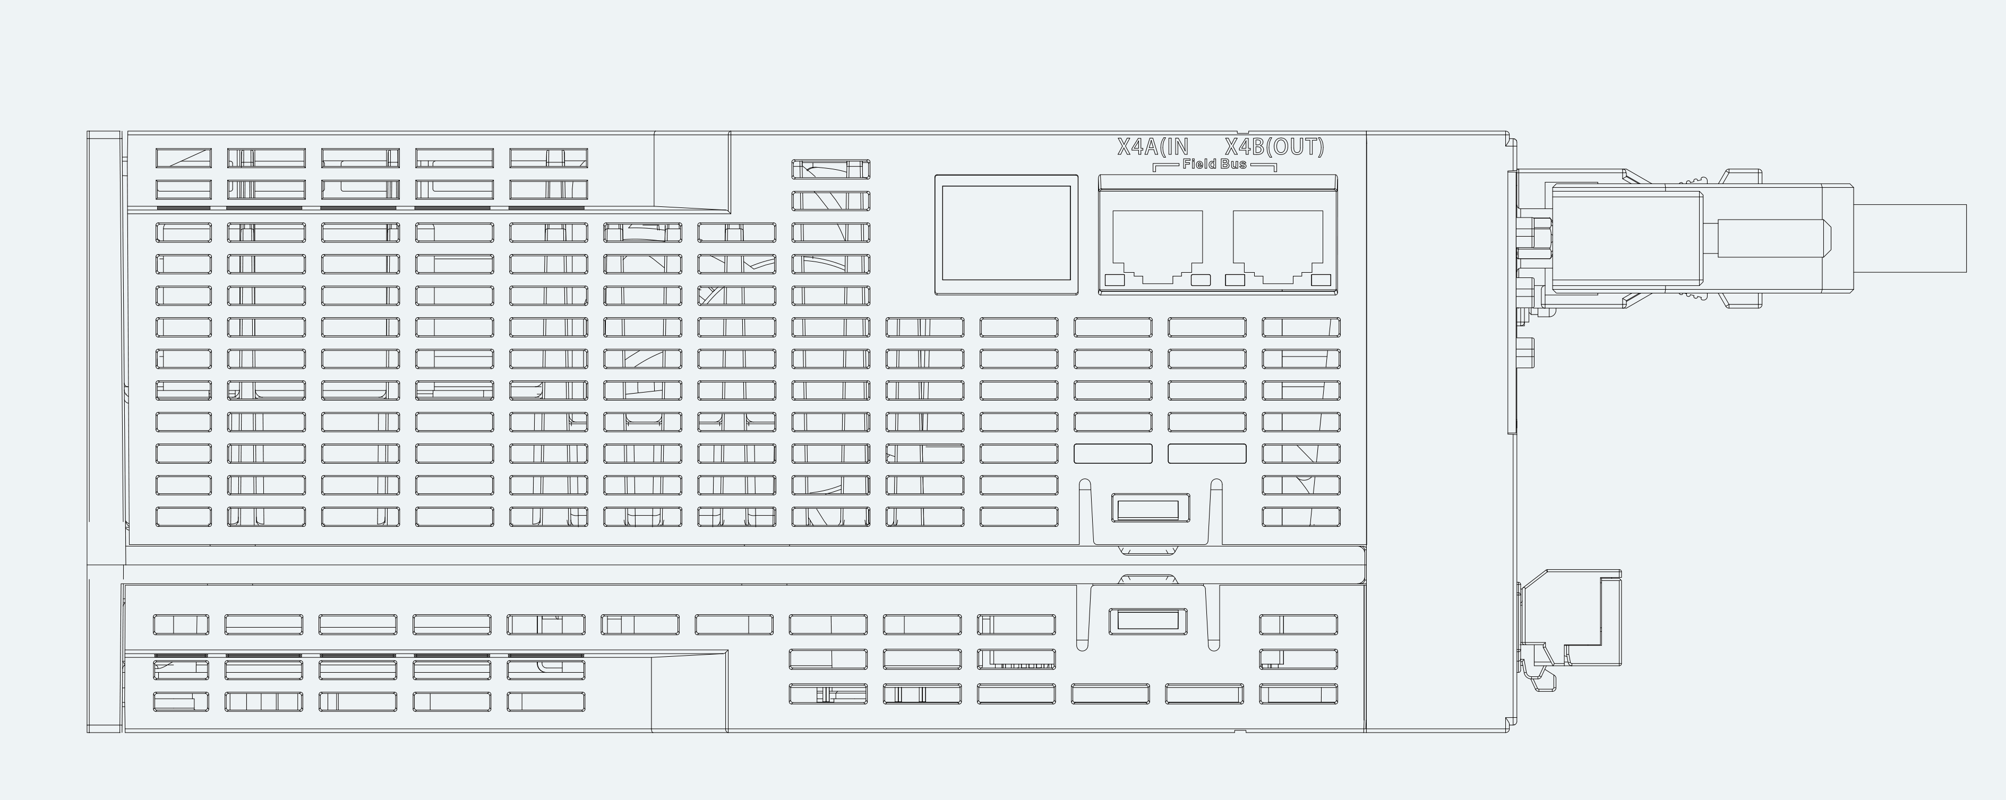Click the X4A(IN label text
1153,146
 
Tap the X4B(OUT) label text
1274,146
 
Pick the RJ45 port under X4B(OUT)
1278,246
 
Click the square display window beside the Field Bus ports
1006,234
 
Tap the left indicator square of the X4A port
1115,280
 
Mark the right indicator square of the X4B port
1321,280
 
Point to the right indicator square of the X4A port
1201,280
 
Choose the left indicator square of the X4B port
1235,280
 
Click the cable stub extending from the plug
1909,238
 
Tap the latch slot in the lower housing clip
1148,620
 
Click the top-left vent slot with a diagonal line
184,158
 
